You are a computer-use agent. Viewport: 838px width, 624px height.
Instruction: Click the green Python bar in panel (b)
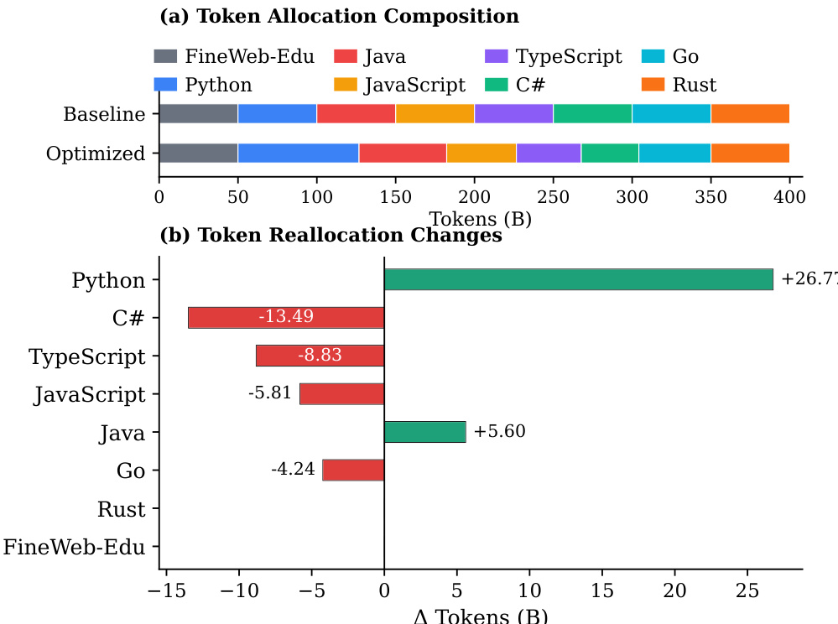tap(578, 279)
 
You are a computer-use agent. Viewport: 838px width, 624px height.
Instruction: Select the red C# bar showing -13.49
tap(286, 318)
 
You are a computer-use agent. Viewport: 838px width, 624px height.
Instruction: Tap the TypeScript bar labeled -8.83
tap(320, 356)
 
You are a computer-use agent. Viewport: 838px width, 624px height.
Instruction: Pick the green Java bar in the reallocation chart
tap(424, 432)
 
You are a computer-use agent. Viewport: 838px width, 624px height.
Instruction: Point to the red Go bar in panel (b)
tap(353, 470)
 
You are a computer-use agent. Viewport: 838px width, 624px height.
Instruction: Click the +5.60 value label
tap(499, 432)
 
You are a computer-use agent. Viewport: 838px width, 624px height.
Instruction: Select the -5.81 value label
tap(270, 393)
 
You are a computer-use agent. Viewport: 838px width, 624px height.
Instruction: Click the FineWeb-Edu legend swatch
tap(165, 57)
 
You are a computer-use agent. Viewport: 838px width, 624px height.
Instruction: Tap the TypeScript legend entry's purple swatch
tap(497, 57)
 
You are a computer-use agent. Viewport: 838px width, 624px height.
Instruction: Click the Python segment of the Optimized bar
tap(298, 153)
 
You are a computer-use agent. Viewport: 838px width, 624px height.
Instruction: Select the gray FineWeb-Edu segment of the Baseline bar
tap(198, 113)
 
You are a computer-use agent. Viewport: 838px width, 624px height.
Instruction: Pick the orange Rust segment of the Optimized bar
tap(750, 153)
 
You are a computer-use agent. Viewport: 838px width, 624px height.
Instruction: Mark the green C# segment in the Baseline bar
tap(592, 113)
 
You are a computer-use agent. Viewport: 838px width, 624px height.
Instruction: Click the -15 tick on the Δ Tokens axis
tap(165, 591)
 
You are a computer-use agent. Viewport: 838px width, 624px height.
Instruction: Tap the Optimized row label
tap(96, 153)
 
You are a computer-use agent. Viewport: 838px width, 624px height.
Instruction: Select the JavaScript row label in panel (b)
tap(90, 394)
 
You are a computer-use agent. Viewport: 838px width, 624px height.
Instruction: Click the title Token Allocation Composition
tap(339, 16)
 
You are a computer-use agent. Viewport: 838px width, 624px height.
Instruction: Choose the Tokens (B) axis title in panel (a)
tap(480, 218)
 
